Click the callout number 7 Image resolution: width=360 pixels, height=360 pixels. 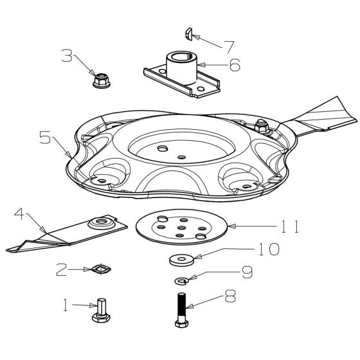click(229, 47)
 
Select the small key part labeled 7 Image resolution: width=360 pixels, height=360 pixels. click(189, 34)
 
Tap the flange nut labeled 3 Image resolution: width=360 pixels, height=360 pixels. click(102, 80)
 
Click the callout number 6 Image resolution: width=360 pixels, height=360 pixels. click(235, 65)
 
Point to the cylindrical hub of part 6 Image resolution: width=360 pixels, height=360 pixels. click(181, 67)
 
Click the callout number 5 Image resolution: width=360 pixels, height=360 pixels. click(45, 138)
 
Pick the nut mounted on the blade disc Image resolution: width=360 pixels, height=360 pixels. click(261, 126)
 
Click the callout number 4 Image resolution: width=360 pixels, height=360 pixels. click(19, 213)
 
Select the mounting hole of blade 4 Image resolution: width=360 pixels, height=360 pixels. click(102, 222)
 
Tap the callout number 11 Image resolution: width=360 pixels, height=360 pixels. click(290, 226)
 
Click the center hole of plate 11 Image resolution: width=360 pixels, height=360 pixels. click(181, 228)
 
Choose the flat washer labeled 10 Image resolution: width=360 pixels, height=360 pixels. click(182, 260)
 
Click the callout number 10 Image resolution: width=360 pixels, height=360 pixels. click(269, 249)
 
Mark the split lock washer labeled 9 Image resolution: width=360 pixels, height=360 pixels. click(181, 280)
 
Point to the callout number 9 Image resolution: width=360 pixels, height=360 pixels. click(247, 272)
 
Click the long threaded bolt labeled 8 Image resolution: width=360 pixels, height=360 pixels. click(181, 310)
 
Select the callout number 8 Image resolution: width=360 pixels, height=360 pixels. click(230, 296)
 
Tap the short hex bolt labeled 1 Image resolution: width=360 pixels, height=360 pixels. click(102, 310)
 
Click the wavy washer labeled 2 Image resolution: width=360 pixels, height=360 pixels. click(101, 269)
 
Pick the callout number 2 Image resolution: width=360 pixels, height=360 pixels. click(62, 270)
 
